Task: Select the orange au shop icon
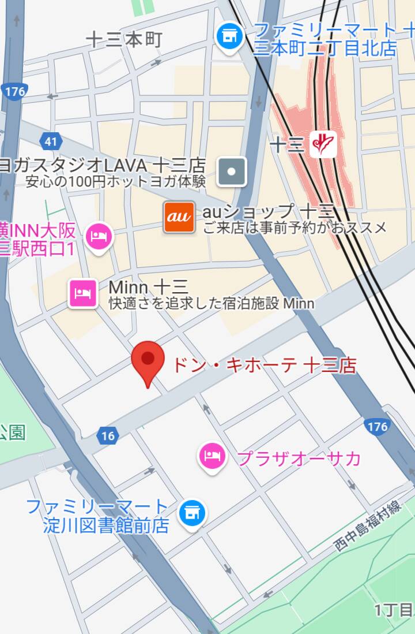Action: coord(179,217)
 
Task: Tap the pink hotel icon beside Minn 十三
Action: coord(82,293)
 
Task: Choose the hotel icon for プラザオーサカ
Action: coord(212,457)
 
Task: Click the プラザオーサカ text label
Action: coord(299,458)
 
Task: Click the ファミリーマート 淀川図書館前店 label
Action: coord(98,516)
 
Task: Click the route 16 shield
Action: coord(108,436)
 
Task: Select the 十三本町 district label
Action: coord(124,39)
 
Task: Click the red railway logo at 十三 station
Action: coord(323,144)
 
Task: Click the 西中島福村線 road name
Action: coord(368,526)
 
